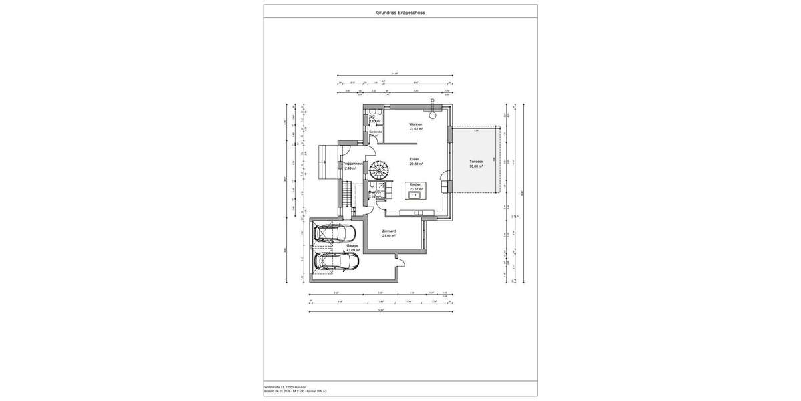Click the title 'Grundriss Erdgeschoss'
400,12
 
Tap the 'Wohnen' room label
415,124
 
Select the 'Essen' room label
415,159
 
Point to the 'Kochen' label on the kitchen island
415,184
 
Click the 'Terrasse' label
476,161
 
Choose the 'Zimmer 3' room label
390,231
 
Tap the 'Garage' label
352,246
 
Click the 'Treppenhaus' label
353,164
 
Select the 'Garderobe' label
376,132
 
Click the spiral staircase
376,169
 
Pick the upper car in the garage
334,233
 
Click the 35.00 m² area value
476,166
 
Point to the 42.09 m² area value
353,251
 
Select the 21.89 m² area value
390,236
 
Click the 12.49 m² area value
350,168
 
